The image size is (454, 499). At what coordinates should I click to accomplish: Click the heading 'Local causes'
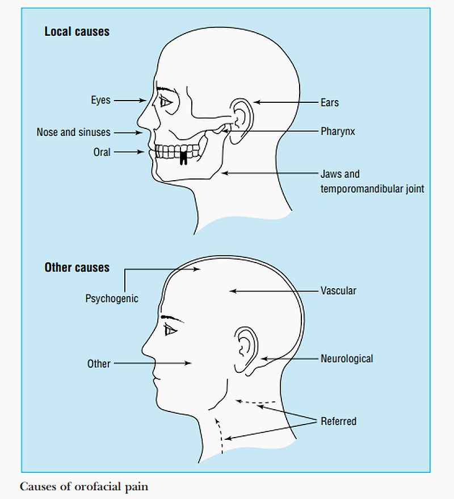tap(77, 31)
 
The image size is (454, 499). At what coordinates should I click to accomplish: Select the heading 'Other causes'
tap(77, 267)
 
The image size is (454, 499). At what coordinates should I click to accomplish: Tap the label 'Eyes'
tap(100, 101)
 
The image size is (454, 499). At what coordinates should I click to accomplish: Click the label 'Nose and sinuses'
tap(73, 132)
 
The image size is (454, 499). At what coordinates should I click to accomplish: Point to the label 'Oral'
tap(102, 152)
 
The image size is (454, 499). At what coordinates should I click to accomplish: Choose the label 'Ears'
tap(329, 103)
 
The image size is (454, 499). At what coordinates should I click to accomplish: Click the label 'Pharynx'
tap(338, 131)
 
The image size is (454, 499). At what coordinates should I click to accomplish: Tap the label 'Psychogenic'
tap(112, 298)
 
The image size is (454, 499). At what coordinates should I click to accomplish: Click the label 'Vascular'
tap(338, 291)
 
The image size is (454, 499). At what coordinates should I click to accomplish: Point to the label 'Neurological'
tap(347, 359)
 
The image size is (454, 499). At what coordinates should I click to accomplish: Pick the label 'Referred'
tap(338, 421)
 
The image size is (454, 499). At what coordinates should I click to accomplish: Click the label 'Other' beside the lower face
tap(99, 363)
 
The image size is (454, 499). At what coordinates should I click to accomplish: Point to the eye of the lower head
tap(170, 330)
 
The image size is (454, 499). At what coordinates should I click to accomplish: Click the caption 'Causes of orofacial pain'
tap(84, 487)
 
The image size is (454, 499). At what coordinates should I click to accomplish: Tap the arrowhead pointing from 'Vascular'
tap(231, 291)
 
